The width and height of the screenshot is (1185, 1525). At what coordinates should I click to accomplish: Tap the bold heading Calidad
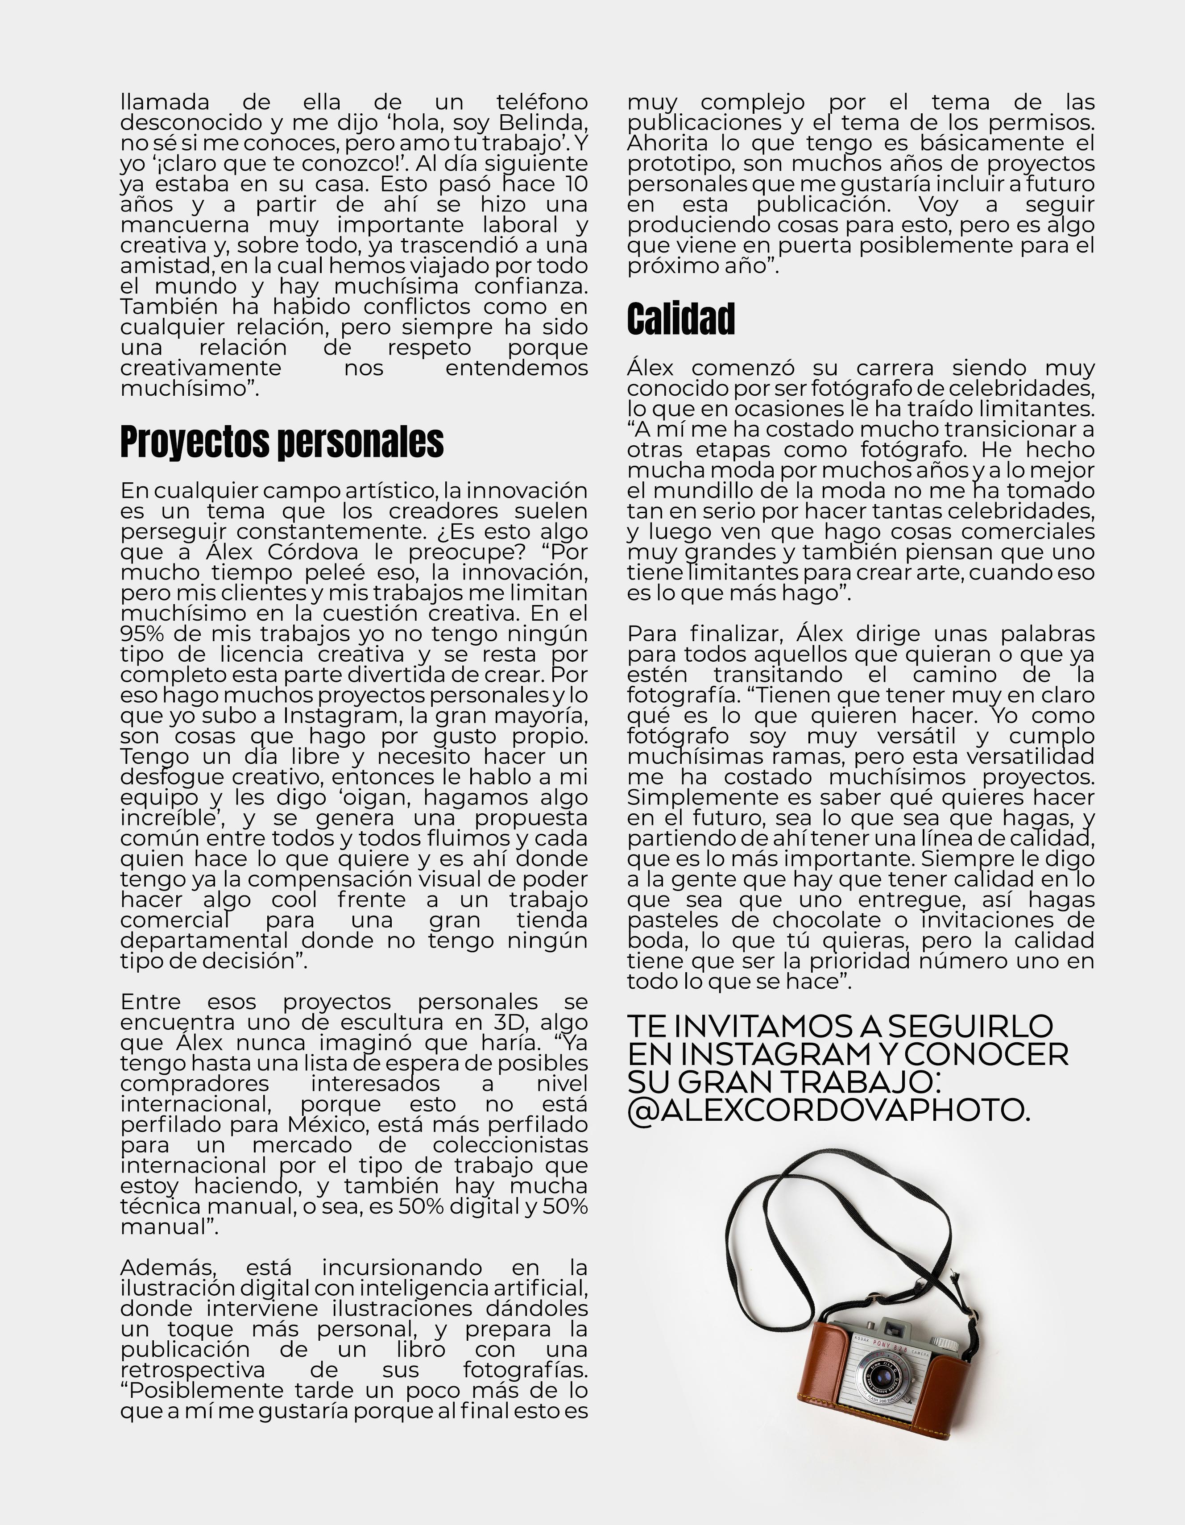(681, 319)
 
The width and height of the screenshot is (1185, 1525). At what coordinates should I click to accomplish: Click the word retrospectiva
(193, 1370)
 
